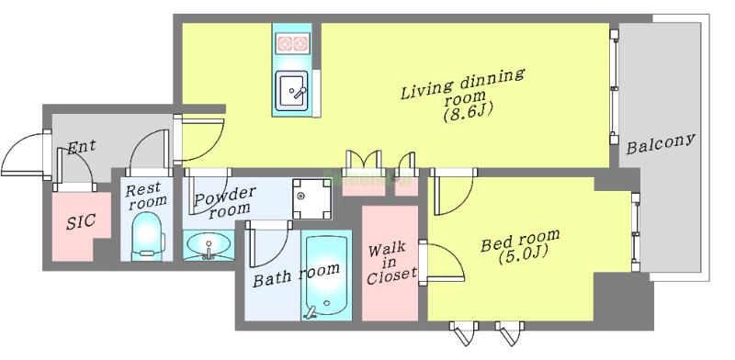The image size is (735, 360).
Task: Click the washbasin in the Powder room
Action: point(209,246)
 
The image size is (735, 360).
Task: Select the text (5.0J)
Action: point(519,255)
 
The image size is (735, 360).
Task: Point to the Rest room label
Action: point(145,194)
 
